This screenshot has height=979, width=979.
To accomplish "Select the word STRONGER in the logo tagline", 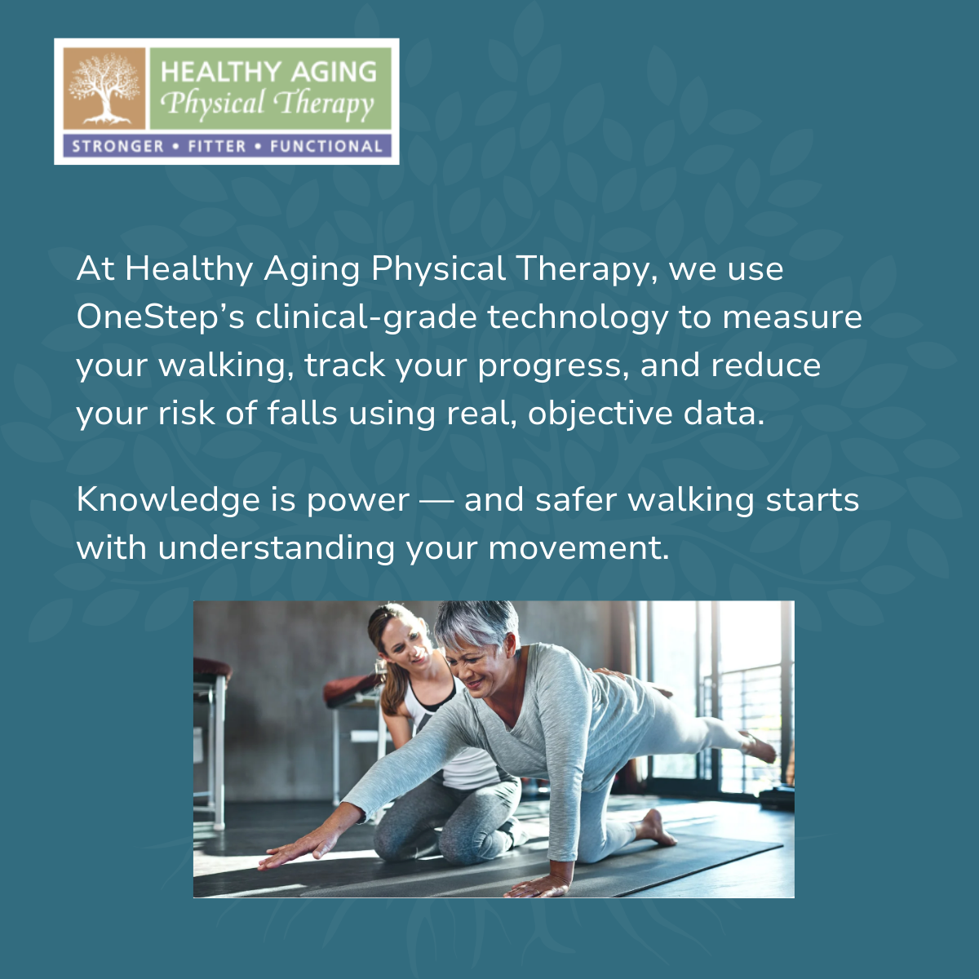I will (x=118, y=147).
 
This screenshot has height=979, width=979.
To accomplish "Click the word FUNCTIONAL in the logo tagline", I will (x=326, y=147).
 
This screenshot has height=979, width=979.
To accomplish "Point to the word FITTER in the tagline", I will (x=217, y=147).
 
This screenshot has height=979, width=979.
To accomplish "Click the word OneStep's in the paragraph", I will (x=160, y=317).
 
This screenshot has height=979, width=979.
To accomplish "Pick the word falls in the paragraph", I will (x=302, y=413).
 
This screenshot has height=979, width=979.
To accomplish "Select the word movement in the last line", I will (x=578, y=547).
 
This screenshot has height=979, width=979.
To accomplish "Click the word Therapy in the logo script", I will (x=324, y=104).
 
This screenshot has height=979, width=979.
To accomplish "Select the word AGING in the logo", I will (x=334, y=72).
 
